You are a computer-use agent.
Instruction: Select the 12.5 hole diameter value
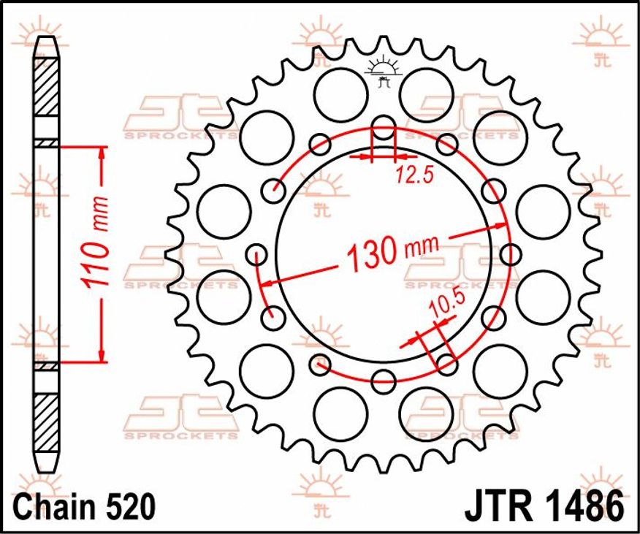tap(414, 175)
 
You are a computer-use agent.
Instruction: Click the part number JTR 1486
tap(544, 507)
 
